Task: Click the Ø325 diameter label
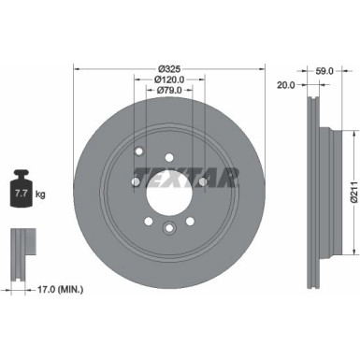169,68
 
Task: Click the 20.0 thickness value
286,84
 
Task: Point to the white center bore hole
169,180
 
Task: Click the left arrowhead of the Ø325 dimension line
76,68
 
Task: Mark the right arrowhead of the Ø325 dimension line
264,68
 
